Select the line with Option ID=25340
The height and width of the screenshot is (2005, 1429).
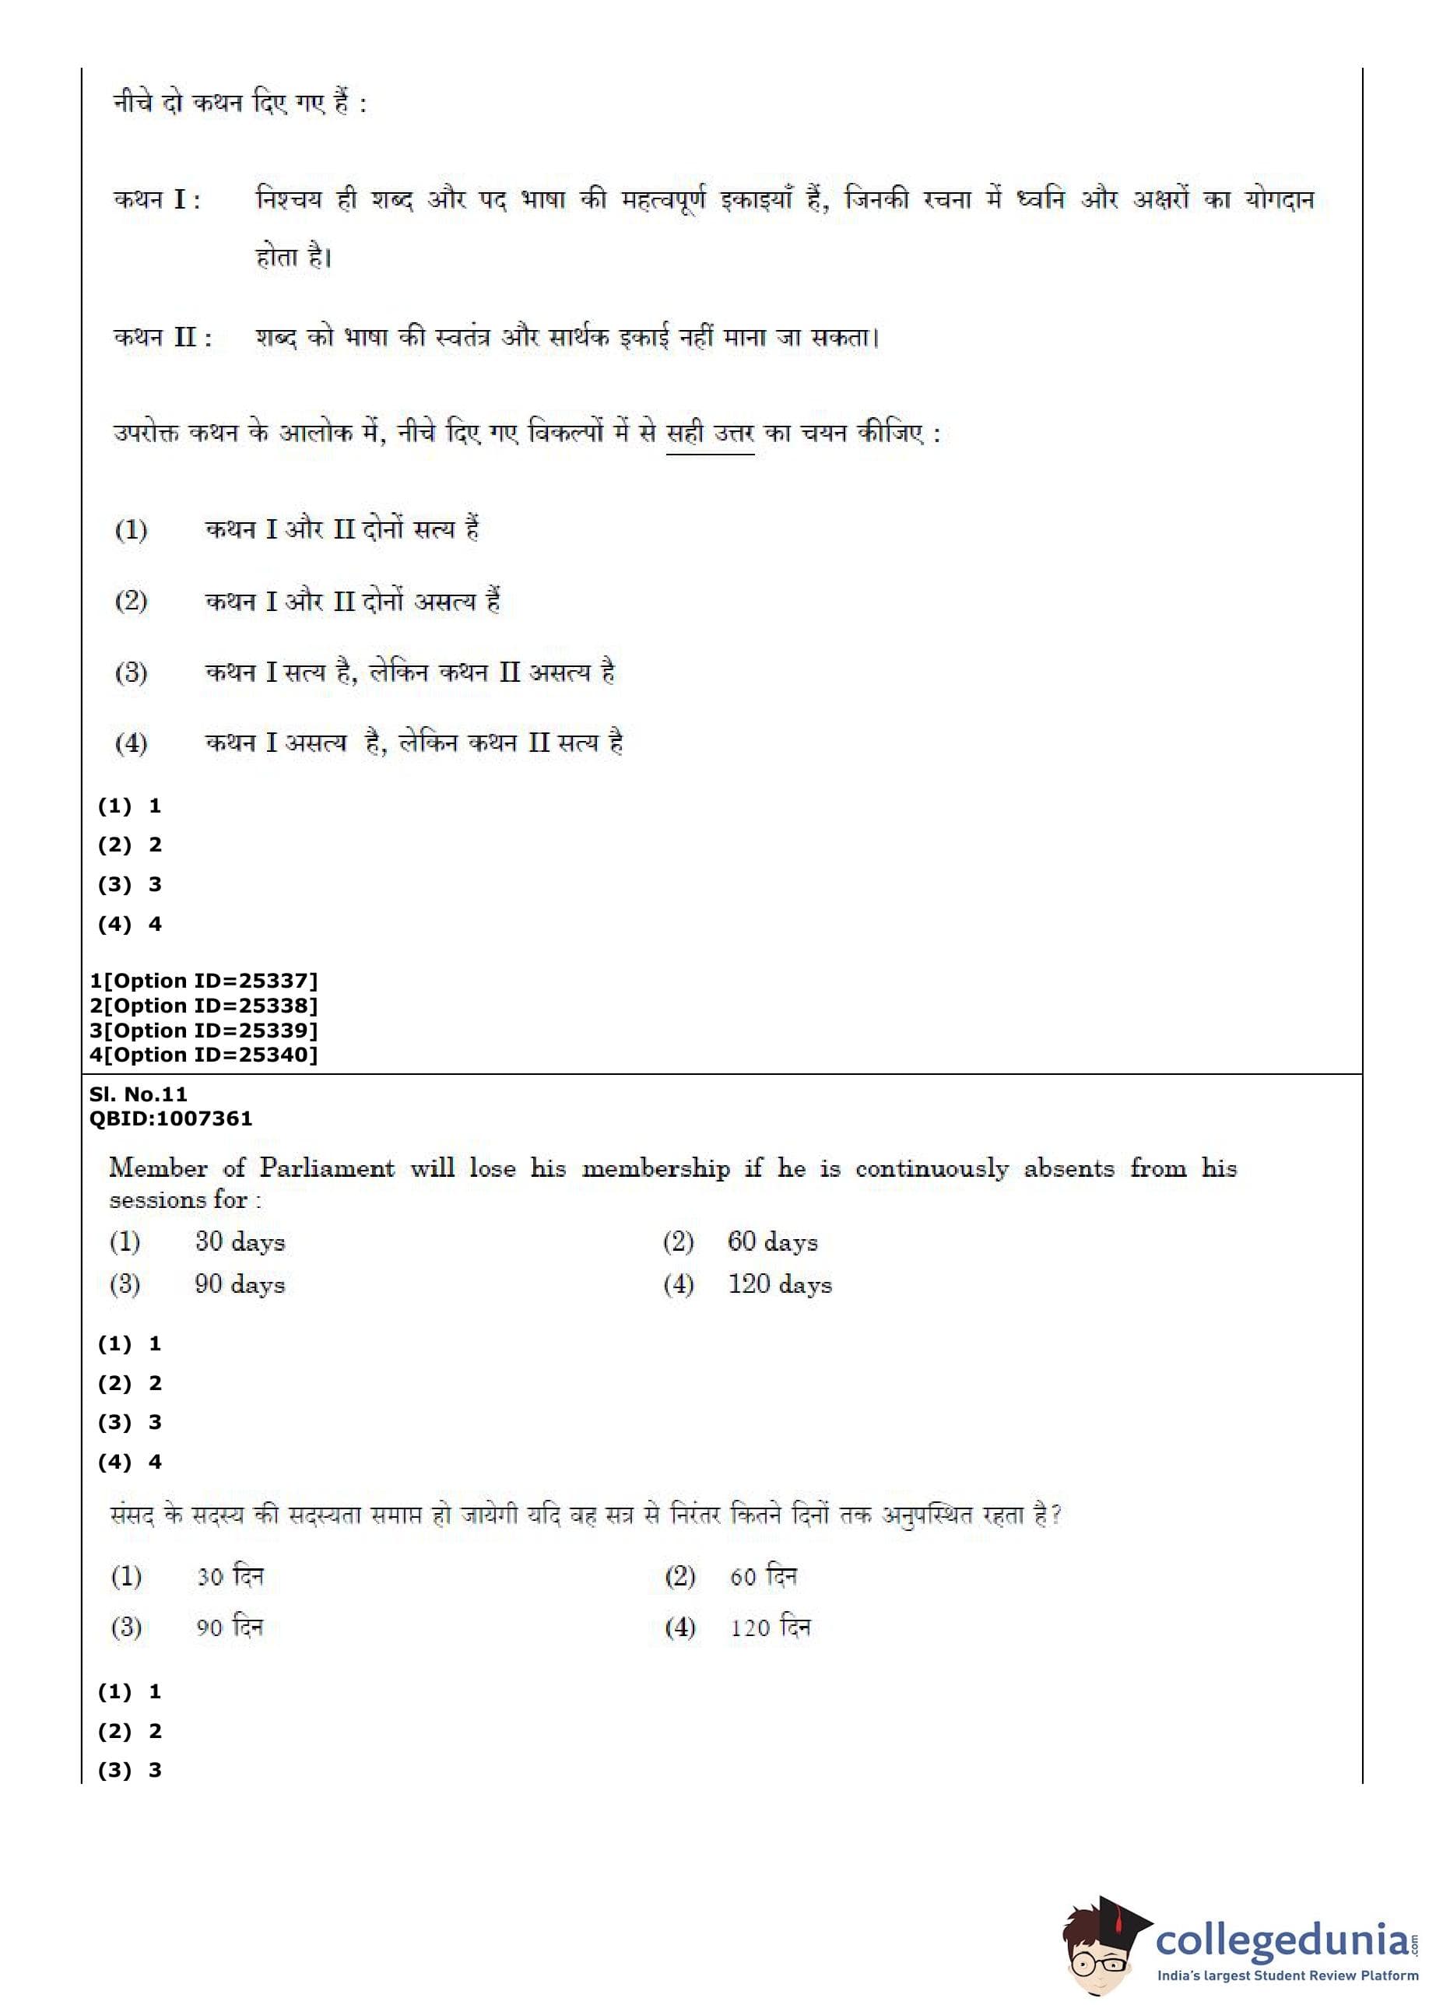tap(203, 1054)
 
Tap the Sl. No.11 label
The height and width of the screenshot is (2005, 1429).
tap(138, 1094)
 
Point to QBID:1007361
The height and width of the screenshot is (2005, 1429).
tap(170, 1118)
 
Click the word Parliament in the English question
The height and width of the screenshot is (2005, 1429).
tap(326, 1168)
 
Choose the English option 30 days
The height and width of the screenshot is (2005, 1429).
tap(240, 1241)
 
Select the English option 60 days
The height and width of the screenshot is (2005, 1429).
tap(771, 1241)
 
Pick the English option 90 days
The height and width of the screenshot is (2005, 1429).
tap(240, 1283)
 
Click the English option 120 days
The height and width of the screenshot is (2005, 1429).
tap(779, 1283)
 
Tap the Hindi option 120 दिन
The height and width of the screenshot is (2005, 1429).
tap(769, 1627)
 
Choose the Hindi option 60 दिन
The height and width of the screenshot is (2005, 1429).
tap(763, 1575)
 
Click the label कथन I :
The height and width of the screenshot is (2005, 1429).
tap(156, 200)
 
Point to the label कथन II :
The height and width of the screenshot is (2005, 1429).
tap(163, 337)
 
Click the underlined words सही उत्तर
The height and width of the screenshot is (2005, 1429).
tap(709, 434)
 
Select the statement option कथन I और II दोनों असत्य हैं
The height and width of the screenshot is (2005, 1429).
tap(352, 602)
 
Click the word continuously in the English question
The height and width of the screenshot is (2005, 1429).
tap(932, 1168)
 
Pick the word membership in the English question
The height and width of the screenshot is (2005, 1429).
tap(655, 1168)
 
